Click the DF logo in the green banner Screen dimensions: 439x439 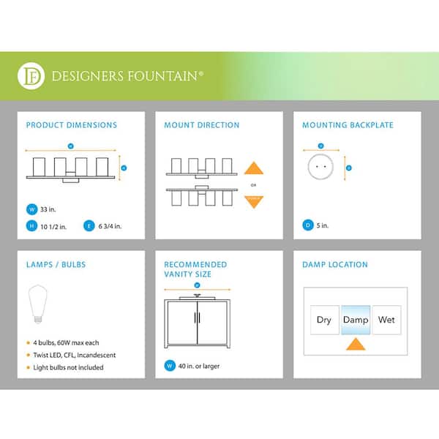pyautogui.click(x=33, y=75)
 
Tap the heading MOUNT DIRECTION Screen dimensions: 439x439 pyautogui.click(x=202, y=125)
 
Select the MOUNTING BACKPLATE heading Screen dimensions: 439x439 pyautogui.click(x=348, y=125)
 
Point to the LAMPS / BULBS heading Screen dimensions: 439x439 pyautogui.click(x=52, y=264)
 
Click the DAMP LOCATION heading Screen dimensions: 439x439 pyautogui.click(x=335, y=264)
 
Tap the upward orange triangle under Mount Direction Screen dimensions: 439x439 pyautogui.click(x=253, y=168)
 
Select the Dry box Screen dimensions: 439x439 pyautogui.click(x=324, y=320)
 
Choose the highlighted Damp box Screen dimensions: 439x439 pyautogui.click(x=356, y=320)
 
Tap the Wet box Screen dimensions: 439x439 pyautogui.click(x=386, y=320)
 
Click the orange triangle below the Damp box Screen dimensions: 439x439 pyautogui.click(x=356, y=345)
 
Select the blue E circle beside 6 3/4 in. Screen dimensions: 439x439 pyautogui.click(x=90, y=225)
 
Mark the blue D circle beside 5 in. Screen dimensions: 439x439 pyautogui.click(x=308, y=225)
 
